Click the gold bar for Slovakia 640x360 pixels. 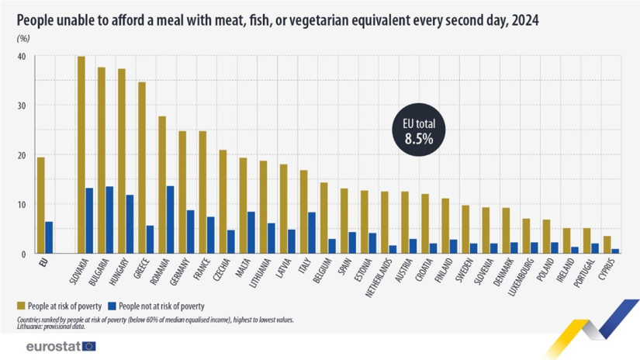click(x=81, y=154)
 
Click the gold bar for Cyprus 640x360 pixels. click(x=607, y=244)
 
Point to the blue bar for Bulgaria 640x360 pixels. click(x=109, y=220)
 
